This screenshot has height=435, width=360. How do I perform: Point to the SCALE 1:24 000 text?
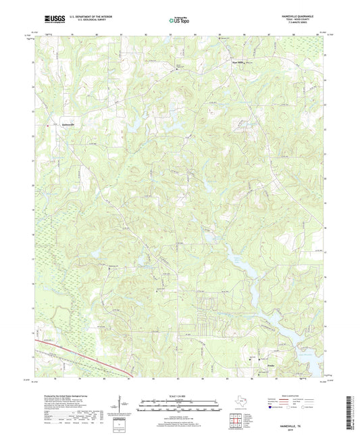click(180, 396)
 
